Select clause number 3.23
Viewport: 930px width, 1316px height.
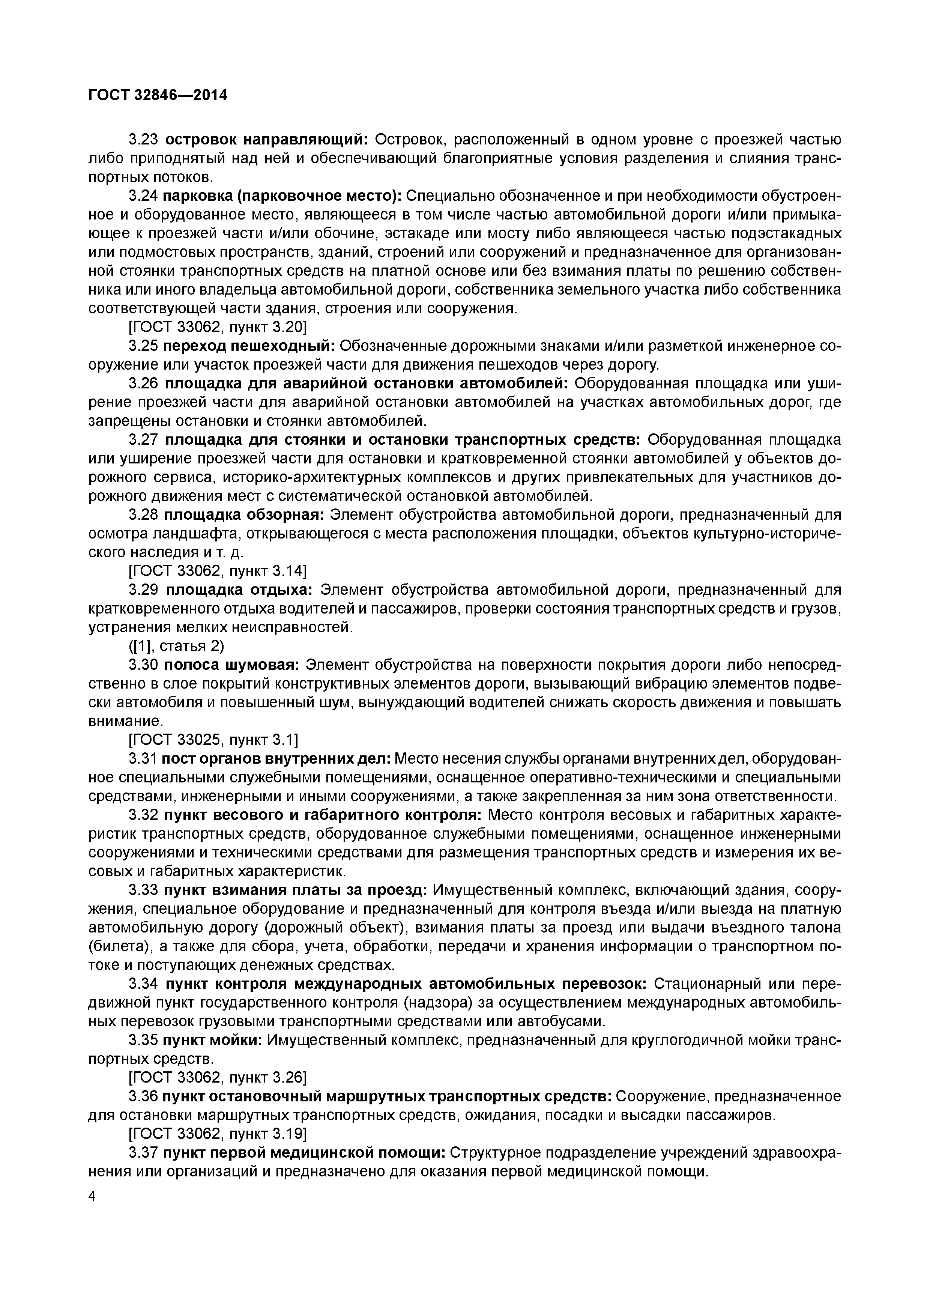[x=143, y=139]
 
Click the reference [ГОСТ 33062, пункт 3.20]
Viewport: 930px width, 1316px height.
[x=217, y=327]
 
